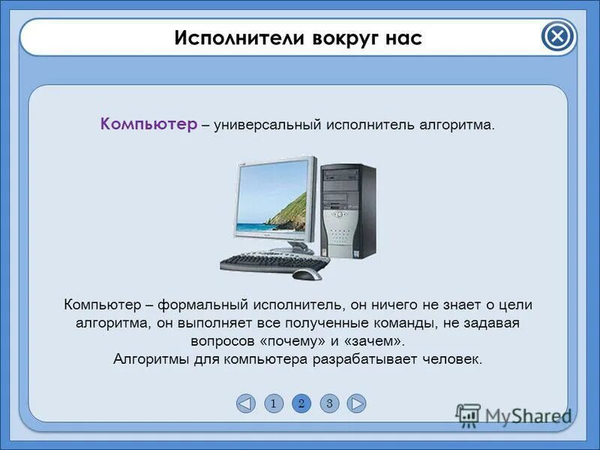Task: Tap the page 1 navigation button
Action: [274, 403]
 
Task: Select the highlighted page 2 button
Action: [301, 403]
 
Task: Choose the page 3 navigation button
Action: [328, 403]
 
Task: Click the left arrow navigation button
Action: [245, 403]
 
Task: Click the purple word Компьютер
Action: [148, 124]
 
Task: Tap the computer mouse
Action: [305, 274]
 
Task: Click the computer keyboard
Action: [274, 262]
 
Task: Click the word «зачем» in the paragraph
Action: [376, 341]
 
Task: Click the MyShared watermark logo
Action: [514, 415]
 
